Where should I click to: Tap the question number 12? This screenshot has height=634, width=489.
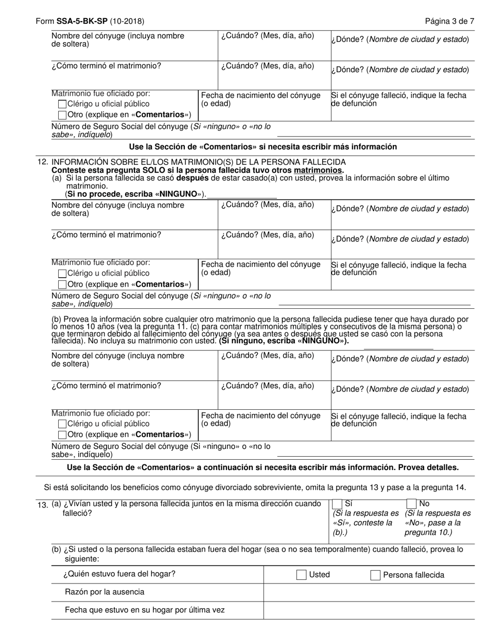click(x=43, y=162)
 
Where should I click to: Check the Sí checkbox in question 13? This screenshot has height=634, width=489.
click(x=338, y=504)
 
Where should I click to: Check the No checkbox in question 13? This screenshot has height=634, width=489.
click(x=411, y=504)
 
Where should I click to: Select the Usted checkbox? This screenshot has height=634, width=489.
click(x=302, y=575)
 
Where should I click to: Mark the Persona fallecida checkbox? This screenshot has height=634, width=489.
click(x=375, y=575)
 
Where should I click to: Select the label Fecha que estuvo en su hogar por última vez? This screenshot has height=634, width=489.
click(x=145, y=610)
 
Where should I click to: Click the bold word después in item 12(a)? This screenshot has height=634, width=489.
click(x=193, y=178)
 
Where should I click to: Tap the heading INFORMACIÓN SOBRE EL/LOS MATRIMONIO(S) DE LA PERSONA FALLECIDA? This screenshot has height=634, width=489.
click(x=199, y=162)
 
